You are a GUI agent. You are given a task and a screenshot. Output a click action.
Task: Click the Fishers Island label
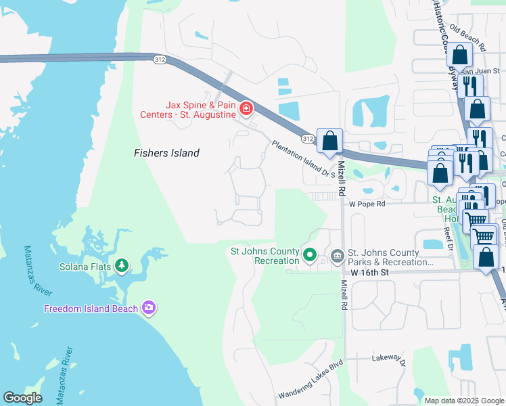coord(166,153)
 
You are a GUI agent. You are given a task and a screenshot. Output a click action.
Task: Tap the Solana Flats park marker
coord(122,266)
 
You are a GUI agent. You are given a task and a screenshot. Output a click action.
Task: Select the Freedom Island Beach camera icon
coord(149,309)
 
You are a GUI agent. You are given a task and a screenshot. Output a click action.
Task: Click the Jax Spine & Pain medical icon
coord(246,108)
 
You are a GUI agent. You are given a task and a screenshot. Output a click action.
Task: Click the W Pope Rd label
coord(367,204)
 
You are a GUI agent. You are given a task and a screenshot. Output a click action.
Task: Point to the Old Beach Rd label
coord(467,38)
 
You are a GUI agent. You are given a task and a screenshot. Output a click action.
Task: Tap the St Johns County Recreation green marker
coord(310,255)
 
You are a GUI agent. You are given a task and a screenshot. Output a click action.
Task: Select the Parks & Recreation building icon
coord(337,256)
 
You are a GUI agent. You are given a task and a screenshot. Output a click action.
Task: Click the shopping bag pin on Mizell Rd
coord(329,141)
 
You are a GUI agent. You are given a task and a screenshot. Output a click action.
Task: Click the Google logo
coord(22,397)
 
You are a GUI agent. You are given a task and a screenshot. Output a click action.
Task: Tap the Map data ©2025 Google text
coord(464,401)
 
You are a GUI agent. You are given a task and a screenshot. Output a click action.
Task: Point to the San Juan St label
coord(481,70)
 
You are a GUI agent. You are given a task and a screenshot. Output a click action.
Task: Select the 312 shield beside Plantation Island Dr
coord(308,138)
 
